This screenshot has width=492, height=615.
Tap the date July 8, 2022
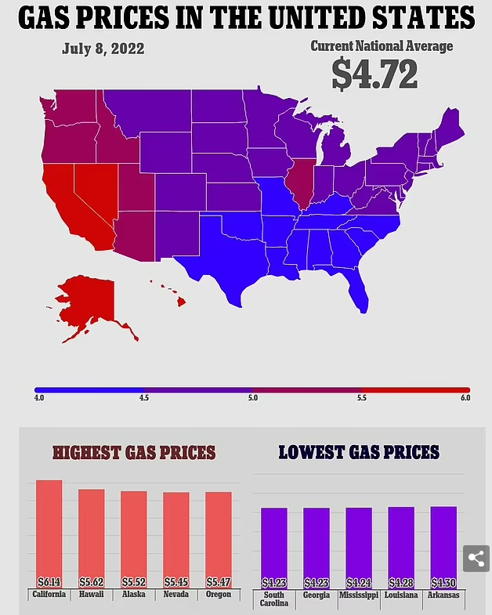coord(103,49)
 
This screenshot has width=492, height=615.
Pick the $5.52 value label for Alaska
coord(134,582)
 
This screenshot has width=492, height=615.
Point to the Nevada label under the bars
coord(176,595)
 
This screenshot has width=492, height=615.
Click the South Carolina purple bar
coord(274,544)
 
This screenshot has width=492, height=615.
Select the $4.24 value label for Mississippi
coord(359,583)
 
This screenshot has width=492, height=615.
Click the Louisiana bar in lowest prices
coord(401,544)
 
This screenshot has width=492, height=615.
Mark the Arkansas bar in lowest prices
coord(443,544)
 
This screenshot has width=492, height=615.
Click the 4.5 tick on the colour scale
coord(144,398)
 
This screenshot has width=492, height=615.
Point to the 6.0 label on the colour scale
coord(465,398)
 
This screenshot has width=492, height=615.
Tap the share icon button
coord(476,559)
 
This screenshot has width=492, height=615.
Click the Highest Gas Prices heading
coord(134,453)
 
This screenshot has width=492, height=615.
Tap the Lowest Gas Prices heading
coord(359,453)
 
